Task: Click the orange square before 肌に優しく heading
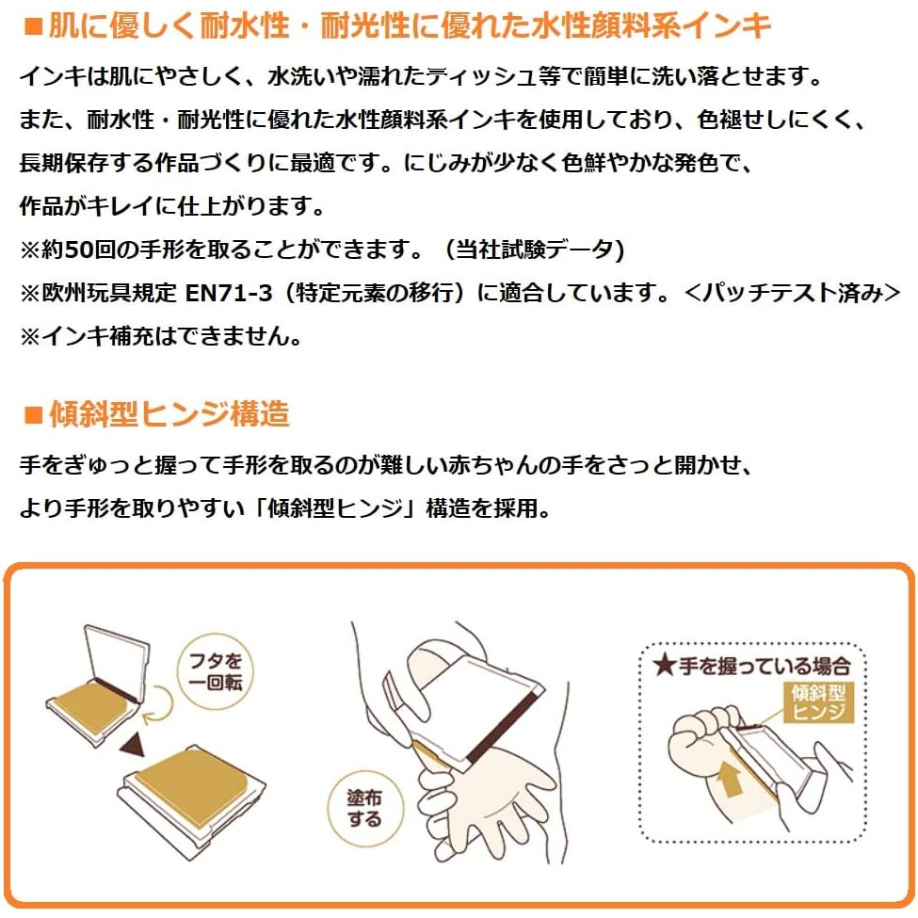(x=33, y=27)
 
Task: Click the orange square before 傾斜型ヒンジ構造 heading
(x=33, y=414)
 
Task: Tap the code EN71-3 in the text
(x=229, y=292)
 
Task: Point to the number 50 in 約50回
(x=78, y=250)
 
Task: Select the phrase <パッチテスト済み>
(x=792, y=292)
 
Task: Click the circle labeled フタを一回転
(x=215, y=671)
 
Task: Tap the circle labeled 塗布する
(x=364, y=809)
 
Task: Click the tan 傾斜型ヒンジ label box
(x=818, y=702)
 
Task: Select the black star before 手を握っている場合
(x=665, y=665)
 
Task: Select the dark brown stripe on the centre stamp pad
(x=505, y=727)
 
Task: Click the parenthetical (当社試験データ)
(x=535, y=250)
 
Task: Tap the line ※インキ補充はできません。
(x=161, y=335)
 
